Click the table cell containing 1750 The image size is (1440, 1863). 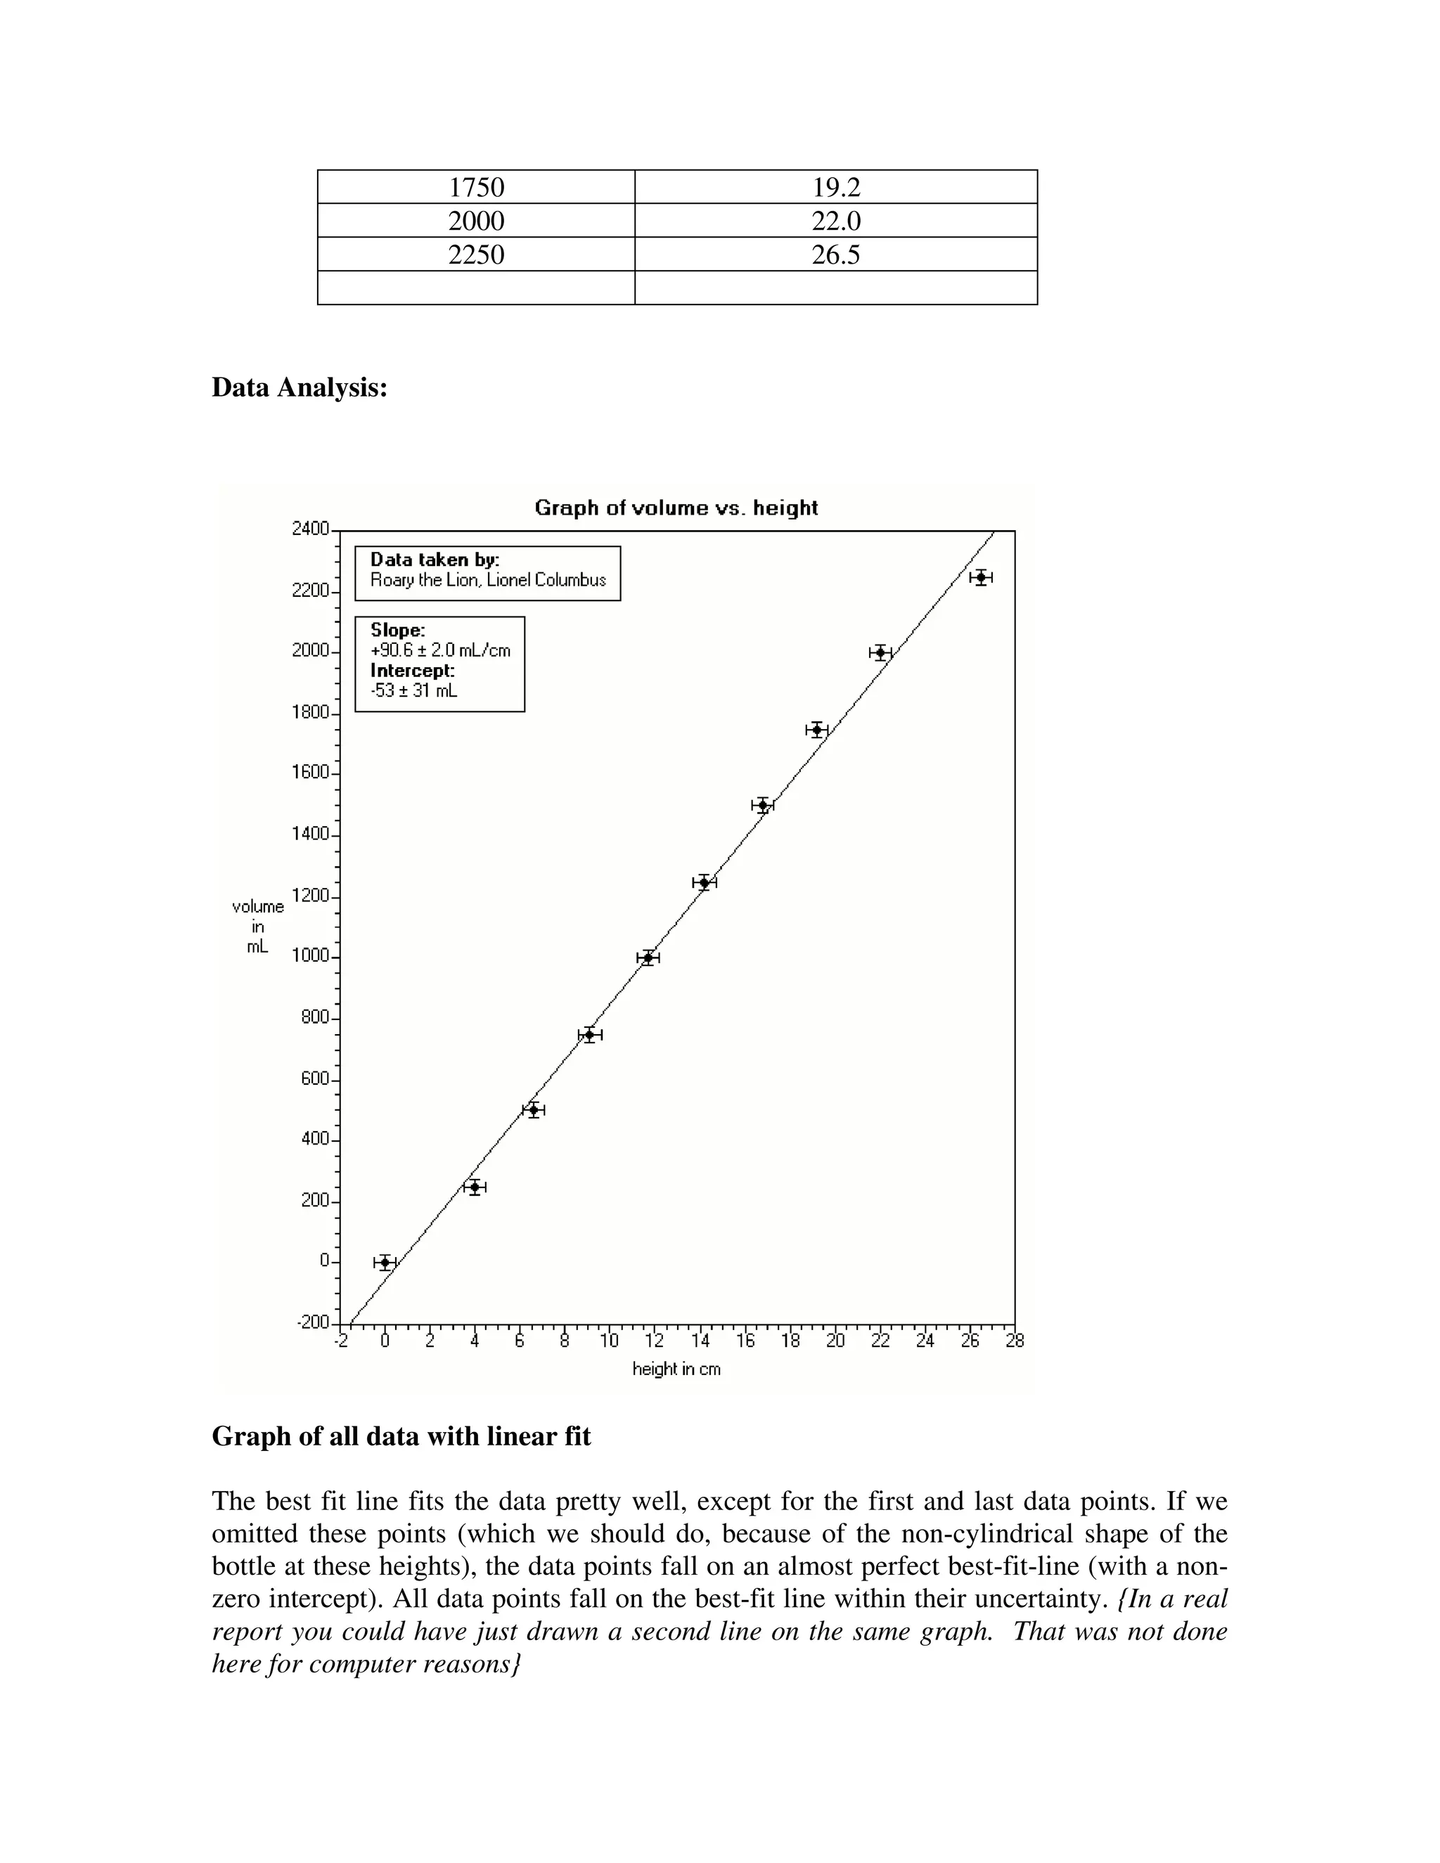(476, 187)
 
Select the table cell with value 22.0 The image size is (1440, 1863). (836, 221)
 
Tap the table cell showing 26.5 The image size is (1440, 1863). (836, 255)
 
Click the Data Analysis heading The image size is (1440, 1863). (300, 387)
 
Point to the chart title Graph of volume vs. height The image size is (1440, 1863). (676, 508)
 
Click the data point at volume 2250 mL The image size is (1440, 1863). (981, 577)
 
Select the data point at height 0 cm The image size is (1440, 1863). (385, 1263)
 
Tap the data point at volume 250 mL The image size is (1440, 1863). (475, 1187)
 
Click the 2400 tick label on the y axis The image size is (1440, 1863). (311, 529)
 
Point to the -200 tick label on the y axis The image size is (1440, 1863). (312, 1322)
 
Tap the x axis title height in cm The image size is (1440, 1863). (676, 1369)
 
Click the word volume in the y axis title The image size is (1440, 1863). (257, 907)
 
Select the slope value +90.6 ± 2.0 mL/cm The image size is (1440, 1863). (440, 651)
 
